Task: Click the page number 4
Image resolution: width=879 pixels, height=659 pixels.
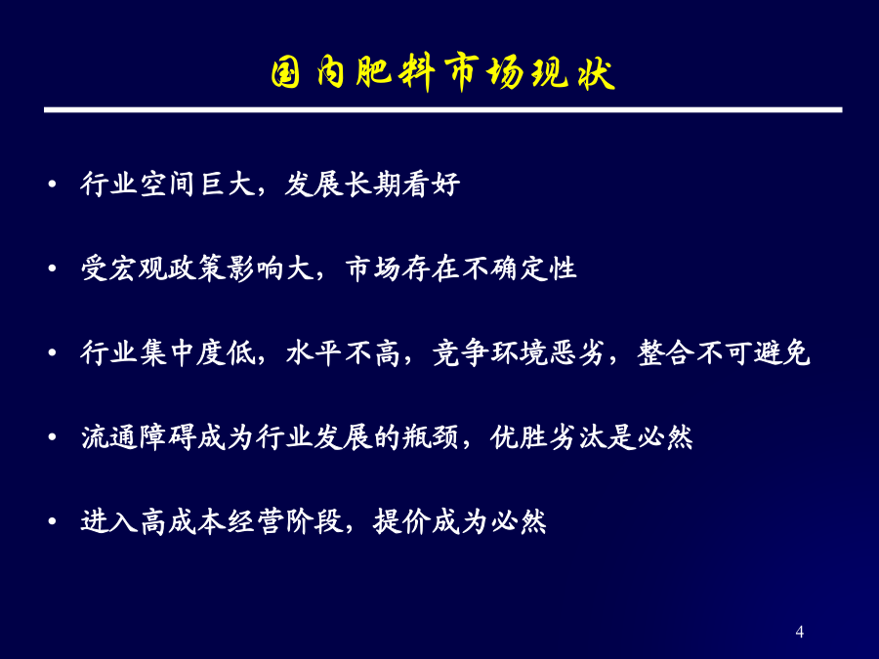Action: (799, 632)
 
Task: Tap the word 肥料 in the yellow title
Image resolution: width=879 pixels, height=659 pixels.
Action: (396, 73)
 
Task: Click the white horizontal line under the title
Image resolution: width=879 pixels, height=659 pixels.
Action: (442, 109)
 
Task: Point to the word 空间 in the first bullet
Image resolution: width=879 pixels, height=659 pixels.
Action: (167, 185)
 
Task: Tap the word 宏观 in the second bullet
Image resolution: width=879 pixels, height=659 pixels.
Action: (138, 268)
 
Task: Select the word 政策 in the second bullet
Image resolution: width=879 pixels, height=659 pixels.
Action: (196, 268)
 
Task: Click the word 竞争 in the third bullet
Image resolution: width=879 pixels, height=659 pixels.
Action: (461, 353)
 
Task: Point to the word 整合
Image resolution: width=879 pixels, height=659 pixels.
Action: (666, 353)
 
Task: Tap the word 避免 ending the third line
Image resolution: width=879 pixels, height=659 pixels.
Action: (782, 353)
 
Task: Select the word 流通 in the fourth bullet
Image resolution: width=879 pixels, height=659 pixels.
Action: (108, 437)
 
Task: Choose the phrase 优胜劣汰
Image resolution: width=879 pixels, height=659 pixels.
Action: (548, 437)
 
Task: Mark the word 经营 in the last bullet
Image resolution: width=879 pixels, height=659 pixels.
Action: (255, 521)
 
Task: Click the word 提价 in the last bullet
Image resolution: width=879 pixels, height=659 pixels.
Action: (401, 521)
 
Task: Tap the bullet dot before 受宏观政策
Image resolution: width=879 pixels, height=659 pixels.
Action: (52, 269)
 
